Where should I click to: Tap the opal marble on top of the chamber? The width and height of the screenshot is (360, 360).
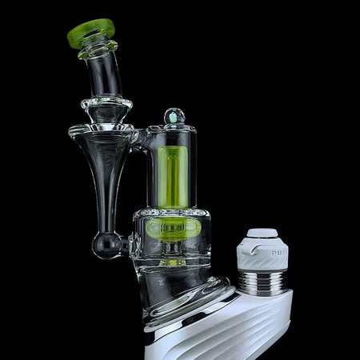174,118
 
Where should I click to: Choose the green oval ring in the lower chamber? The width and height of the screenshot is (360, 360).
173,228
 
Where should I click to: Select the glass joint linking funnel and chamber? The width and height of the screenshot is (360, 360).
139,139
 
